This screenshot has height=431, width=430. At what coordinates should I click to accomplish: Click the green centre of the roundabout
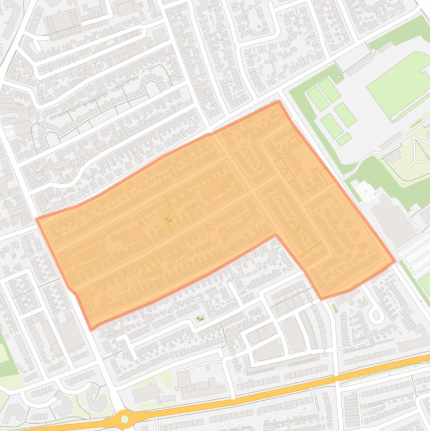pyautogui.click(x=125, y=419)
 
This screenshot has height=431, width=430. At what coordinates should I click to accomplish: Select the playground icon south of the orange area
pyautogui.click(x=200, y=318)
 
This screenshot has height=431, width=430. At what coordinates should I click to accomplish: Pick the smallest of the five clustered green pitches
pyautogui.click(x=344, y=138)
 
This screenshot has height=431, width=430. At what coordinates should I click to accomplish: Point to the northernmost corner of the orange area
pyautogui.click(x=278, y=101)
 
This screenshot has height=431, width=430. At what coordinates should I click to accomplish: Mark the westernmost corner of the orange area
pyautogui.click(x=37, y=219)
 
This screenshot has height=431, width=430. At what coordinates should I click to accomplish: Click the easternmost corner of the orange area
pyautogui.click(x=395, y=260)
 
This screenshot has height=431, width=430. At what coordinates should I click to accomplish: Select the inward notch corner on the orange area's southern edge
pyautogui.click(x=275, y=235)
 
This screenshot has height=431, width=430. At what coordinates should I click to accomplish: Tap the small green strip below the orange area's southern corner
pyautogui.click(x=335, y=308)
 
